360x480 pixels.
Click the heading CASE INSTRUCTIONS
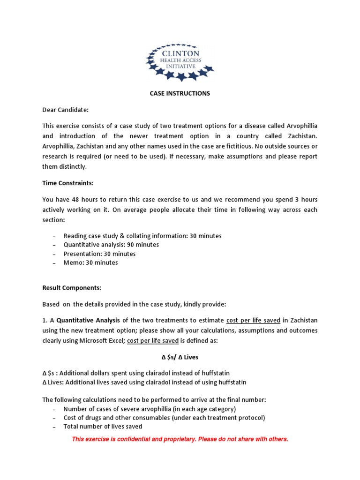[x=180, y=93]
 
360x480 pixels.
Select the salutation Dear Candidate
[x=65, y=110]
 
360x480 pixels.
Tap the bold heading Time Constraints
[x=69, y=183]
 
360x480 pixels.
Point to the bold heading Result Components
[x=72, y=287]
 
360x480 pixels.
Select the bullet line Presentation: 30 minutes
[x=99, y=254]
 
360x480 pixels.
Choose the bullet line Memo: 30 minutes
[x=90, y=262]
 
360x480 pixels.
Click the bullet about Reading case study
[x=142, y=236]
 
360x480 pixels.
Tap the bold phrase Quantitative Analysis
[x=89, y=320]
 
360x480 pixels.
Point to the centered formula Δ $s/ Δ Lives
[x=180, y=357]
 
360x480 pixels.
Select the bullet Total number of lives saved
[x=103, y=427]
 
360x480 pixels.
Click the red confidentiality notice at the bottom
[x=180, y=439]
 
